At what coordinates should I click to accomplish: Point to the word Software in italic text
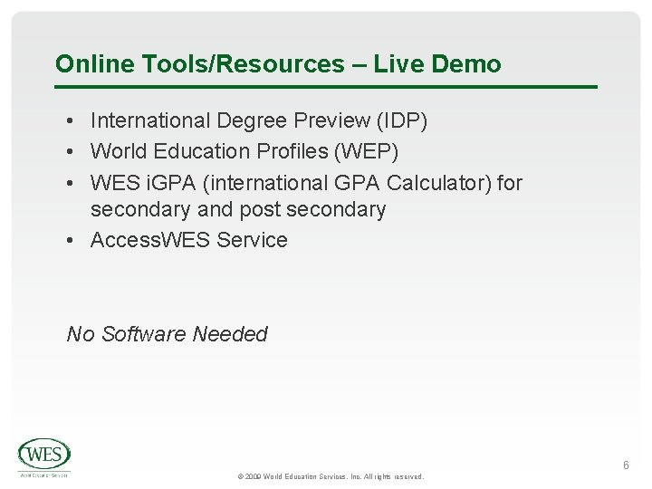[149, 334]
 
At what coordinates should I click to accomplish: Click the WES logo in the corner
[43, 455]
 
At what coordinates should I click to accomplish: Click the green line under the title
[326, 87]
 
